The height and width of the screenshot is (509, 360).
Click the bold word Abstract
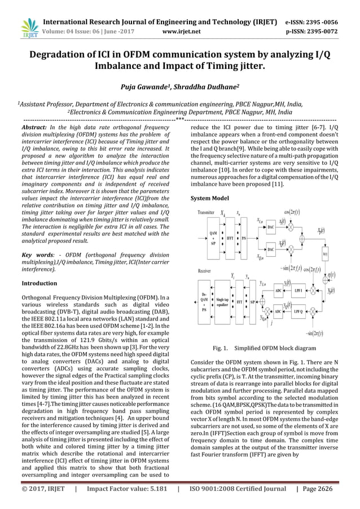(36, 128)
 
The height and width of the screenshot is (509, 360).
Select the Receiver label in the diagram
(204, 271)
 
